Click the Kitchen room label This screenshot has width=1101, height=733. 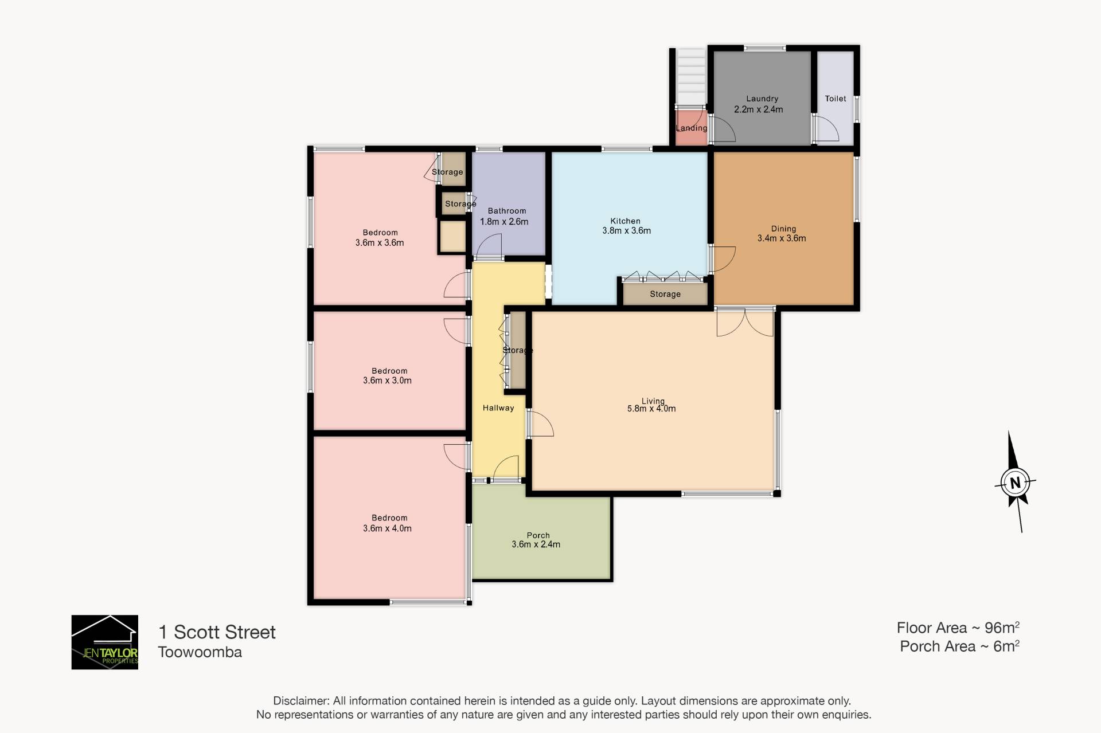[x=625, y=221]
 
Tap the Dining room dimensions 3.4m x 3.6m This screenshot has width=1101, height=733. [x=782, y=238]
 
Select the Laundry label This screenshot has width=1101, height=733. [x=762, y=99]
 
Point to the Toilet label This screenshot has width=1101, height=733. [x=835, y=99]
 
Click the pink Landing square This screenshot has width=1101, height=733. [x=691, y=127]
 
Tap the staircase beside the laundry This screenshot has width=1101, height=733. [x=690, y=78]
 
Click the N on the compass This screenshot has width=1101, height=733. [x=1016, y=483]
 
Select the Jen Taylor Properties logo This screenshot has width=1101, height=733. [x=104, y=642]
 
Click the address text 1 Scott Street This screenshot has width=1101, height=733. [x=217, y=632]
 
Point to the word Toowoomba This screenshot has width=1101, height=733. [x=200, y=652]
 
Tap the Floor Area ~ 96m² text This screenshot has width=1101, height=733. [x=958, y=628]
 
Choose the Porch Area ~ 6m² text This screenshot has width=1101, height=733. [x=960, y=646]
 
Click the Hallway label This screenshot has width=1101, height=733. [x=498, y=408]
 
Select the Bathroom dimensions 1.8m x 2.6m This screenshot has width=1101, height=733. [x=504, y=222]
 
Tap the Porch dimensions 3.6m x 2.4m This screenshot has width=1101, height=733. [x=536, y=544]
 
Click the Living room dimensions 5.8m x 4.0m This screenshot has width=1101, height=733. [x=651, y=409]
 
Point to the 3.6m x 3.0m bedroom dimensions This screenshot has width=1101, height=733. [x=387, y=381]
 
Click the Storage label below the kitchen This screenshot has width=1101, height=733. [x=665, y=294]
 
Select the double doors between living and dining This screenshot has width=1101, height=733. [x=745, y=322]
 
